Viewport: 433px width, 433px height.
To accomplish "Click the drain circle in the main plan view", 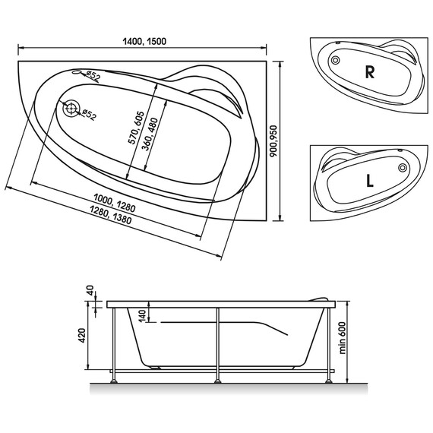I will [x=71, y=109].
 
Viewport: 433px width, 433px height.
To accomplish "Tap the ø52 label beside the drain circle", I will [x=88, y=115].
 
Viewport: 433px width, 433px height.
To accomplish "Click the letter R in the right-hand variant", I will [x=370, y=73].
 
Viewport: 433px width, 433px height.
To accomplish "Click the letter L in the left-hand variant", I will [x=368, y=182].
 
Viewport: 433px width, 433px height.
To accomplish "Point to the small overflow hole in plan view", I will [x=76, y=74].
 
